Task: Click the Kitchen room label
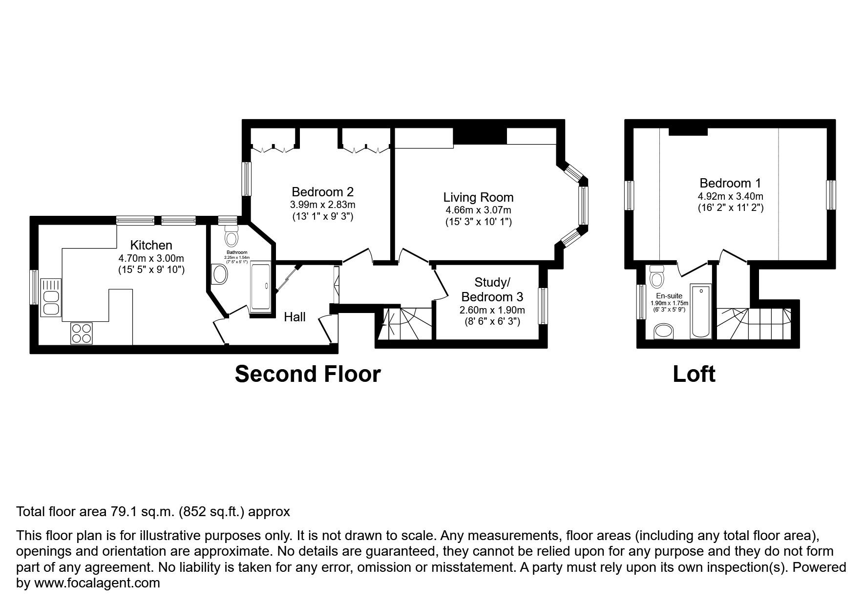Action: [x=151, y=245]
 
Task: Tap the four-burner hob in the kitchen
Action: [x=82, y=334]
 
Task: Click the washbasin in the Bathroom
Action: [x=220, y=274]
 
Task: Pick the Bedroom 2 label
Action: [x=322, y=192]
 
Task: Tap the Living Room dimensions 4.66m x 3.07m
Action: [x=478, y=210]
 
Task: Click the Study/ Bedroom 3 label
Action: [x=492, y=290]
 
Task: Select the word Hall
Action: [x=295, y=317]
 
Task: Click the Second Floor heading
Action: [x=308, y=374]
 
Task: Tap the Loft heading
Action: [x=694, y=374]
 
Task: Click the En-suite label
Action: [x=669, y=296]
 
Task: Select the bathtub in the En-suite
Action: [x=701, y=311]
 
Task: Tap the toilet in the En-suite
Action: [x=657, y=277]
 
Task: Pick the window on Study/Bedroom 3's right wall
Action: [x=543, y=306]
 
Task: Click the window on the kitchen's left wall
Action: [x=34, y=288]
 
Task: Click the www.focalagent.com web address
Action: [x=97, y=583]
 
